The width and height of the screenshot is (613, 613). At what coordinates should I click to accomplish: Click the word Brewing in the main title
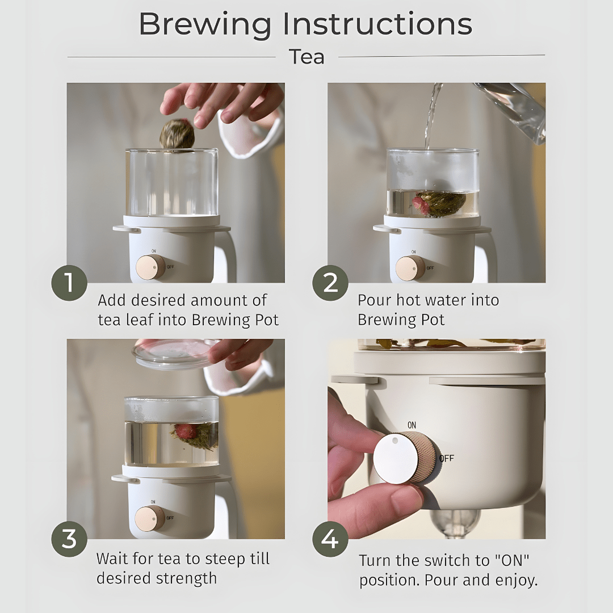pos(205,25)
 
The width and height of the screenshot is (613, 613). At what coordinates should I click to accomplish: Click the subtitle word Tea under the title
pos(306,57)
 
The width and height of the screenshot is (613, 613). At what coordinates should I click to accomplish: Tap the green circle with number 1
pos(69,283)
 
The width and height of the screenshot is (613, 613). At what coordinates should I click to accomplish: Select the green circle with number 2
pos(330,283)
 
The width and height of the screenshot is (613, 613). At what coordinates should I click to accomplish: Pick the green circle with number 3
pos(69,539)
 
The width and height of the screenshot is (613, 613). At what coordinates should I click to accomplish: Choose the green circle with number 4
pos(330,539)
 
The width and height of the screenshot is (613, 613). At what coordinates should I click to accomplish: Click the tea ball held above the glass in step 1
pos(177,135)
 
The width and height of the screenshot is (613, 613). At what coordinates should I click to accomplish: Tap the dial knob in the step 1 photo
pos(150,268)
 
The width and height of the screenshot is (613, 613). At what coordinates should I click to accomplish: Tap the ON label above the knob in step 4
pos(412,425)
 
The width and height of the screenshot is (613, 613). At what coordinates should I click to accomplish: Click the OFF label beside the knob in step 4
pos(447,458)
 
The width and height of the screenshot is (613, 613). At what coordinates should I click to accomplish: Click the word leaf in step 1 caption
pos(137,320)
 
